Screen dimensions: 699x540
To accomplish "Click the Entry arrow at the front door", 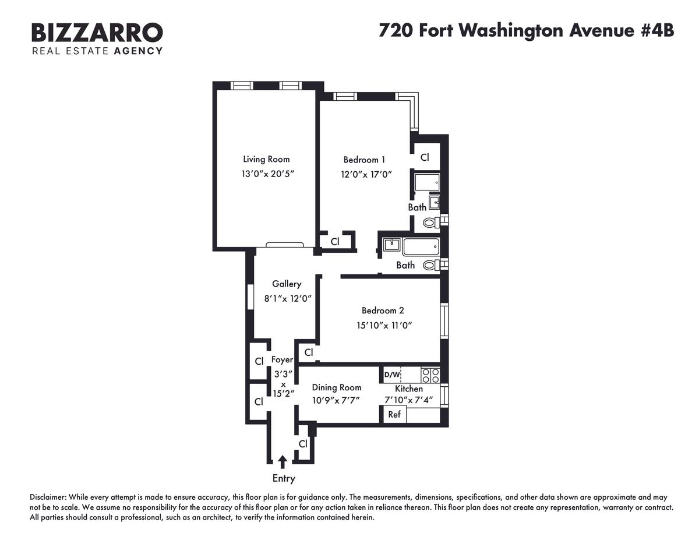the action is point(283,461).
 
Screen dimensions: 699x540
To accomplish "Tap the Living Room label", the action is point(266,159).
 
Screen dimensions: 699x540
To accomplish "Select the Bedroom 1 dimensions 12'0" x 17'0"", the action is point(366,174).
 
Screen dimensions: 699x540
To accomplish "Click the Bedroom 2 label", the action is point(383,310).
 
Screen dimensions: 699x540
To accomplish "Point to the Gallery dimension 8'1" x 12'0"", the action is point(288,298).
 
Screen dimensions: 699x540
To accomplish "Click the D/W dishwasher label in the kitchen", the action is point(392,375).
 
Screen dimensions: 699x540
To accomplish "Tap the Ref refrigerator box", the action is point(394,414).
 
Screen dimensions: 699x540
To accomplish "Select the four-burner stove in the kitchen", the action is point(430,375).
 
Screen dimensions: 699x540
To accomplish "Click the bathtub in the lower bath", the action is point(421,247).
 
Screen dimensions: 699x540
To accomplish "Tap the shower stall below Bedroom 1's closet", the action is point(427,182).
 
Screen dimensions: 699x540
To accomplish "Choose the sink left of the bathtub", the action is point(391,246).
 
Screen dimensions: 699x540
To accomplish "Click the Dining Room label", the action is point(337,387).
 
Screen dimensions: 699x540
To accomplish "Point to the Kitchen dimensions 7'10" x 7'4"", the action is point(408,400).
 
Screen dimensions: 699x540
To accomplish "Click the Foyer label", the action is point(282,359).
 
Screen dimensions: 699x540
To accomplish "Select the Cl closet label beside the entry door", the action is point(303,444).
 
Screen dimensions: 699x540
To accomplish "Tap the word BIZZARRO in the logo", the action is point(97,33).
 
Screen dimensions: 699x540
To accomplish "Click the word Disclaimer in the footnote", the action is point(48,497).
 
